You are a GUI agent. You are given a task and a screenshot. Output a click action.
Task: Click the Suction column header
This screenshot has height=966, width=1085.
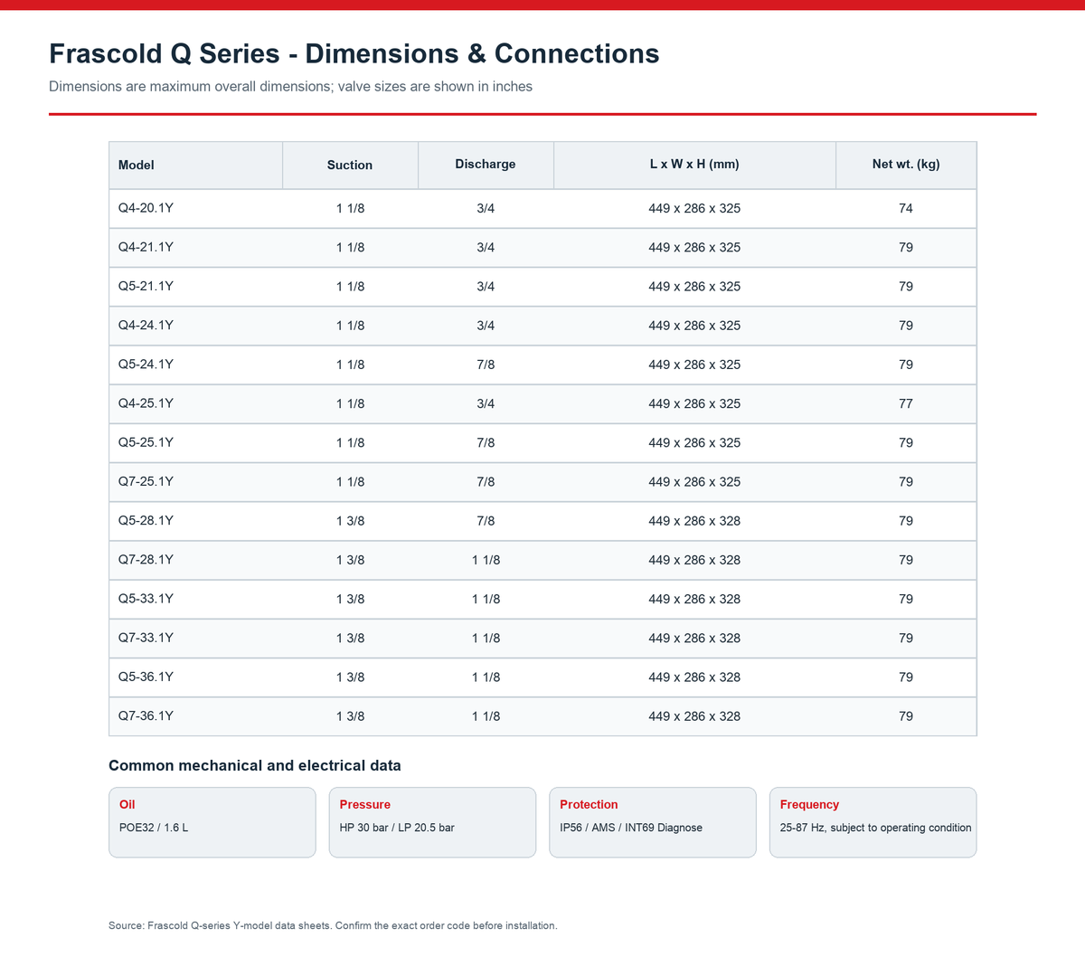click(350, 165)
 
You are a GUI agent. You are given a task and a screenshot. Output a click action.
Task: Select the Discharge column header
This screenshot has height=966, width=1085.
click(486, 164)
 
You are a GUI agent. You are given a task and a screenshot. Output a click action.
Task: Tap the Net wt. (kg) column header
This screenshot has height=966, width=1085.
click(906, 164)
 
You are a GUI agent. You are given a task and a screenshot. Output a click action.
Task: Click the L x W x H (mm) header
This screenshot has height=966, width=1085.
click(694, 164)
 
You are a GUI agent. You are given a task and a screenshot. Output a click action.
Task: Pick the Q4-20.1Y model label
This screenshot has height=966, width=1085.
click(146, 208)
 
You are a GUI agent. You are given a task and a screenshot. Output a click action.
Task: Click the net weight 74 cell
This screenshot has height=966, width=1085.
click(906, 208)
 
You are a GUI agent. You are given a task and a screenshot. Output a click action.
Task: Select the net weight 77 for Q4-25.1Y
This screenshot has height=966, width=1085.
click(906, 403)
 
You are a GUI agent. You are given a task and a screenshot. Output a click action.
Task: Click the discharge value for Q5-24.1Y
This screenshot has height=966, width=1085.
click(486, 365)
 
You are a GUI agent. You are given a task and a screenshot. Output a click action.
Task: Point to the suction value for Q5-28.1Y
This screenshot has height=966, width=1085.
click(350, 521)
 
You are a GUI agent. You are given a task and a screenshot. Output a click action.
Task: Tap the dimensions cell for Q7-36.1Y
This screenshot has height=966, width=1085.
click(694, 716)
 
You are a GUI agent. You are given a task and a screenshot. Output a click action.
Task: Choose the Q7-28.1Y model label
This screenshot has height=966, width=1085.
click(146, 559)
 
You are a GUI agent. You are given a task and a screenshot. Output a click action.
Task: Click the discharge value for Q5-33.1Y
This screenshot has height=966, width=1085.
click(486, 599)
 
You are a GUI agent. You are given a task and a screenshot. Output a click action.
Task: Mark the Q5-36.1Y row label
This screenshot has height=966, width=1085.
click(146, 677)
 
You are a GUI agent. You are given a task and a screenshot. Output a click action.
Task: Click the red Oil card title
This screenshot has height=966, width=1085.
click(127, 804)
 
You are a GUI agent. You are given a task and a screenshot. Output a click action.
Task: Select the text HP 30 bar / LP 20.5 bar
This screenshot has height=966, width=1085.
click(397, 828)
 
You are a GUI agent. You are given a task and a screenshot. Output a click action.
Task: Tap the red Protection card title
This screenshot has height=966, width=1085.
click(589, 804)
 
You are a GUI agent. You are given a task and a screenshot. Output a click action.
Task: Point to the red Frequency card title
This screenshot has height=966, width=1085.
click(809, 805)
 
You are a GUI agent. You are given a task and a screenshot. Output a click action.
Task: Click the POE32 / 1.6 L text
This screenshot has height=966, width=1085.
click(154, 828)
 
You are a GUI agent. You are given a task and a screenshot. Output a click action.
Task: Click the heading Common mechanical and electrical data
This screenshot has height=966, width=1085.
click(255, 765)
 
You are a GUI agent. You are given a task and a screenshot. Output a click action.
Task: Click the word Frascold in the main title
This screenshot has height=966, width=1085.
click(106, 53)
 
